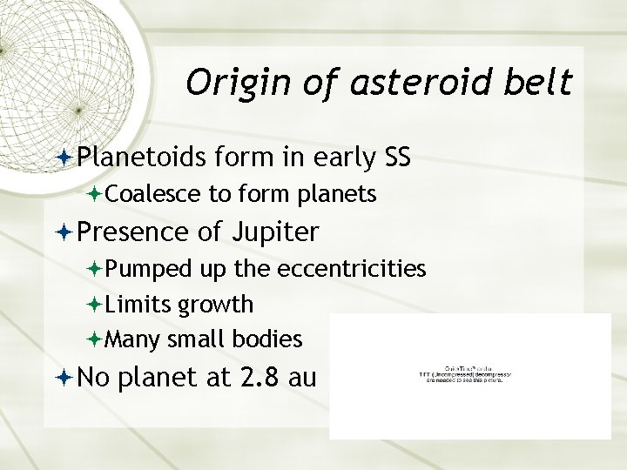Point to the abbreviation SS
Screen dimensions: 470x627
click(x=394, y=158)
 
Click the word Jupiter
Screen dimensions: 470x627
click(x=278, y=232)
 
